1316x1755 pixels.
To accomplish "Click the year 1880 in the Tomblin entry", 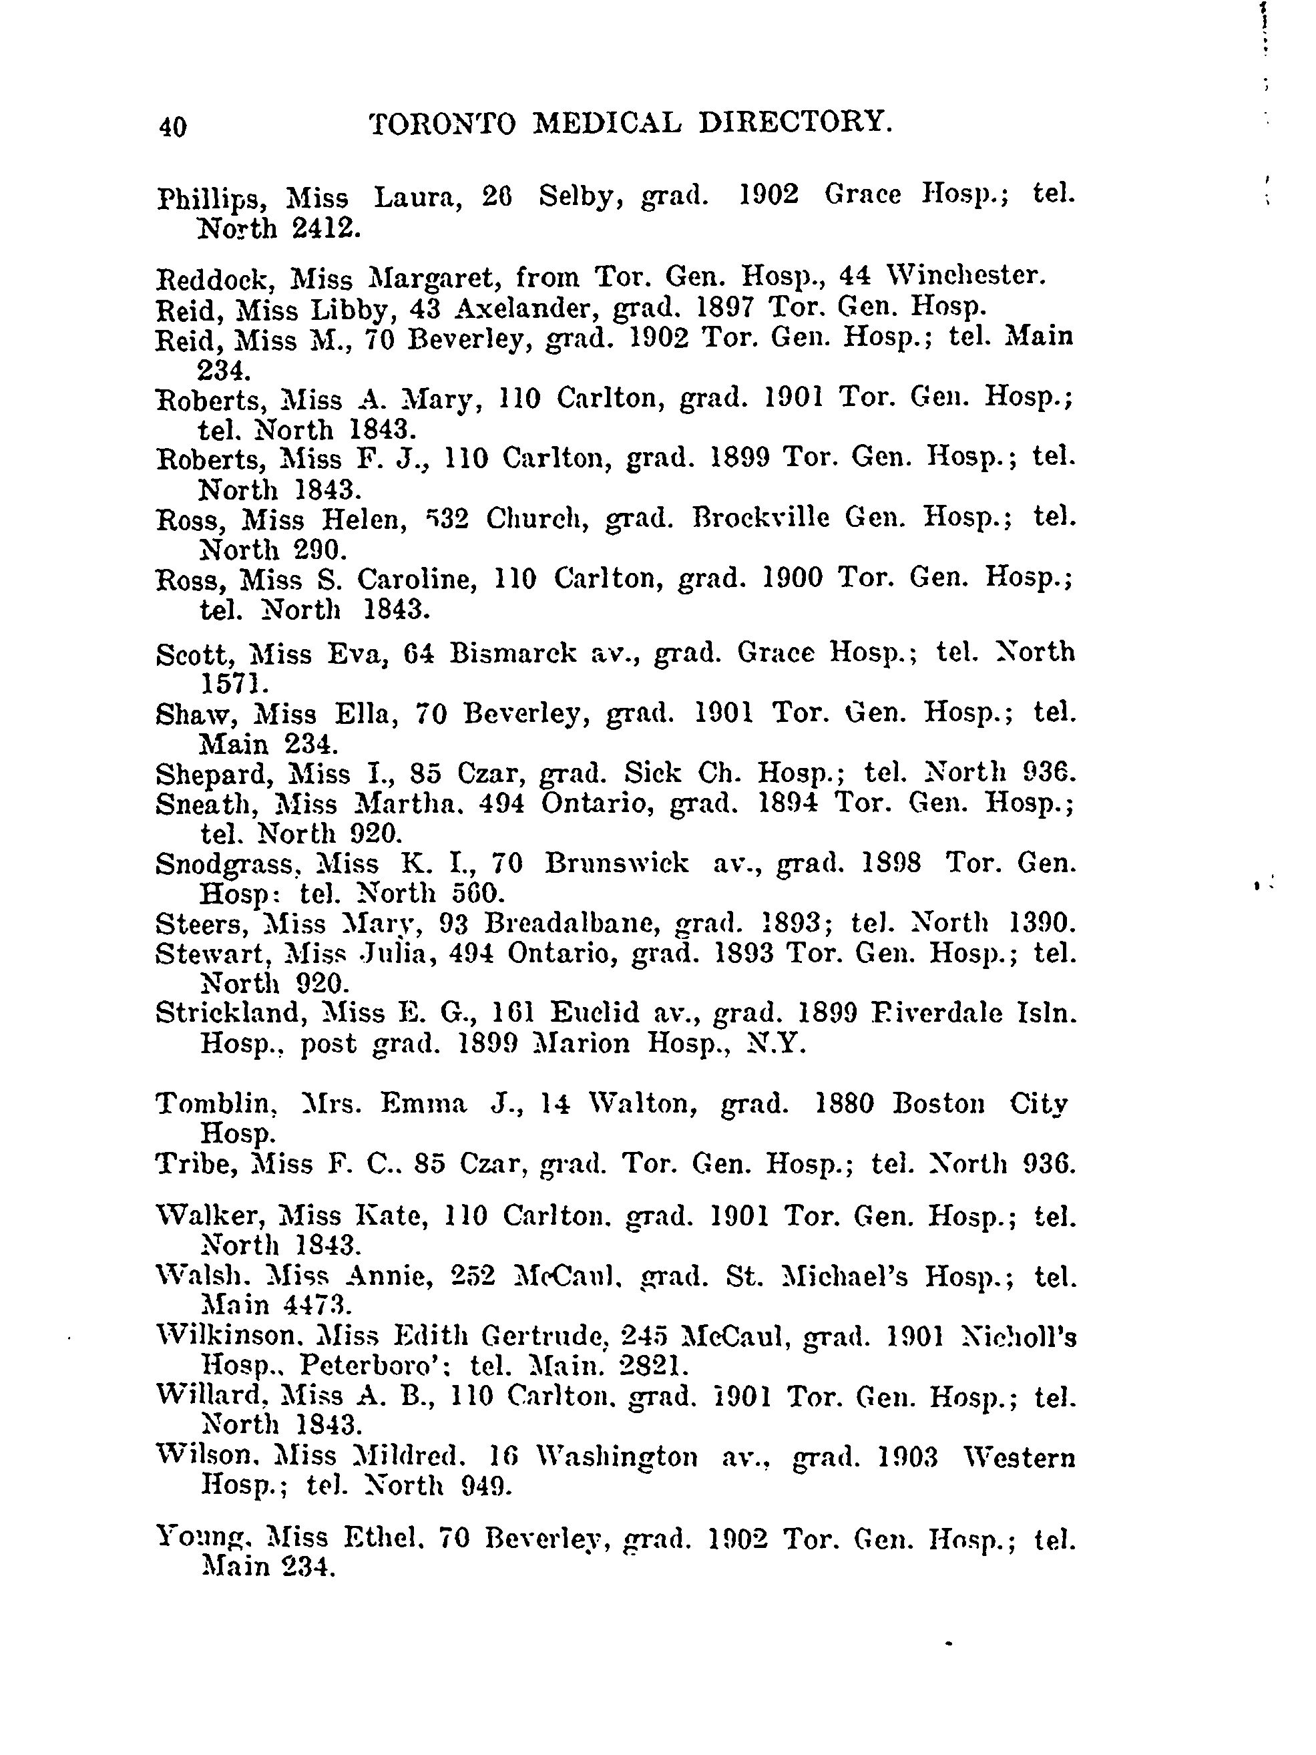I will pos(844,1105).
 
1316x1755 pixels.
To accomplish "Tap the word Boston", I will pos(938,1105).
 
